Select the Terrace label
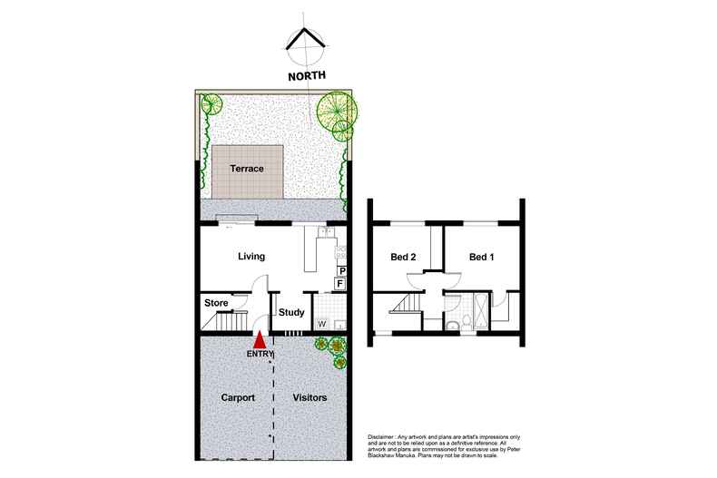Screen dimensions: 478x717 246,169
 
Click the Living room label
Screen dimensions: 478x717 251,257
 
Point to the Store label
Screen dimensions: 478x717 215,302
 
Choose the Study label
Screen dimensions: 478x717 291,313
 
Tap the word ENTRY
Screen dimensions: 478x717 260,354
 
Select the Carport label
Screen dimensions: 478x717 237,397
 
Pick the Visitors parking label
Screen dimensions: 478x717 309,397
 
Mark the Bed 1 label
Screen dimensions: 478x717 482,257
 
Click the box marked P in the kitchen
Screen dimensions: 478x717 342,270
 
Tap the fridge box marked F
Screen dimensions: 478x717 341,284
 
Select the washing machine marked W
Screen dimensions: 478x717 322,323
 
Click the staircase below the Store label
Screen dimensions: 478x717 222,320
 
